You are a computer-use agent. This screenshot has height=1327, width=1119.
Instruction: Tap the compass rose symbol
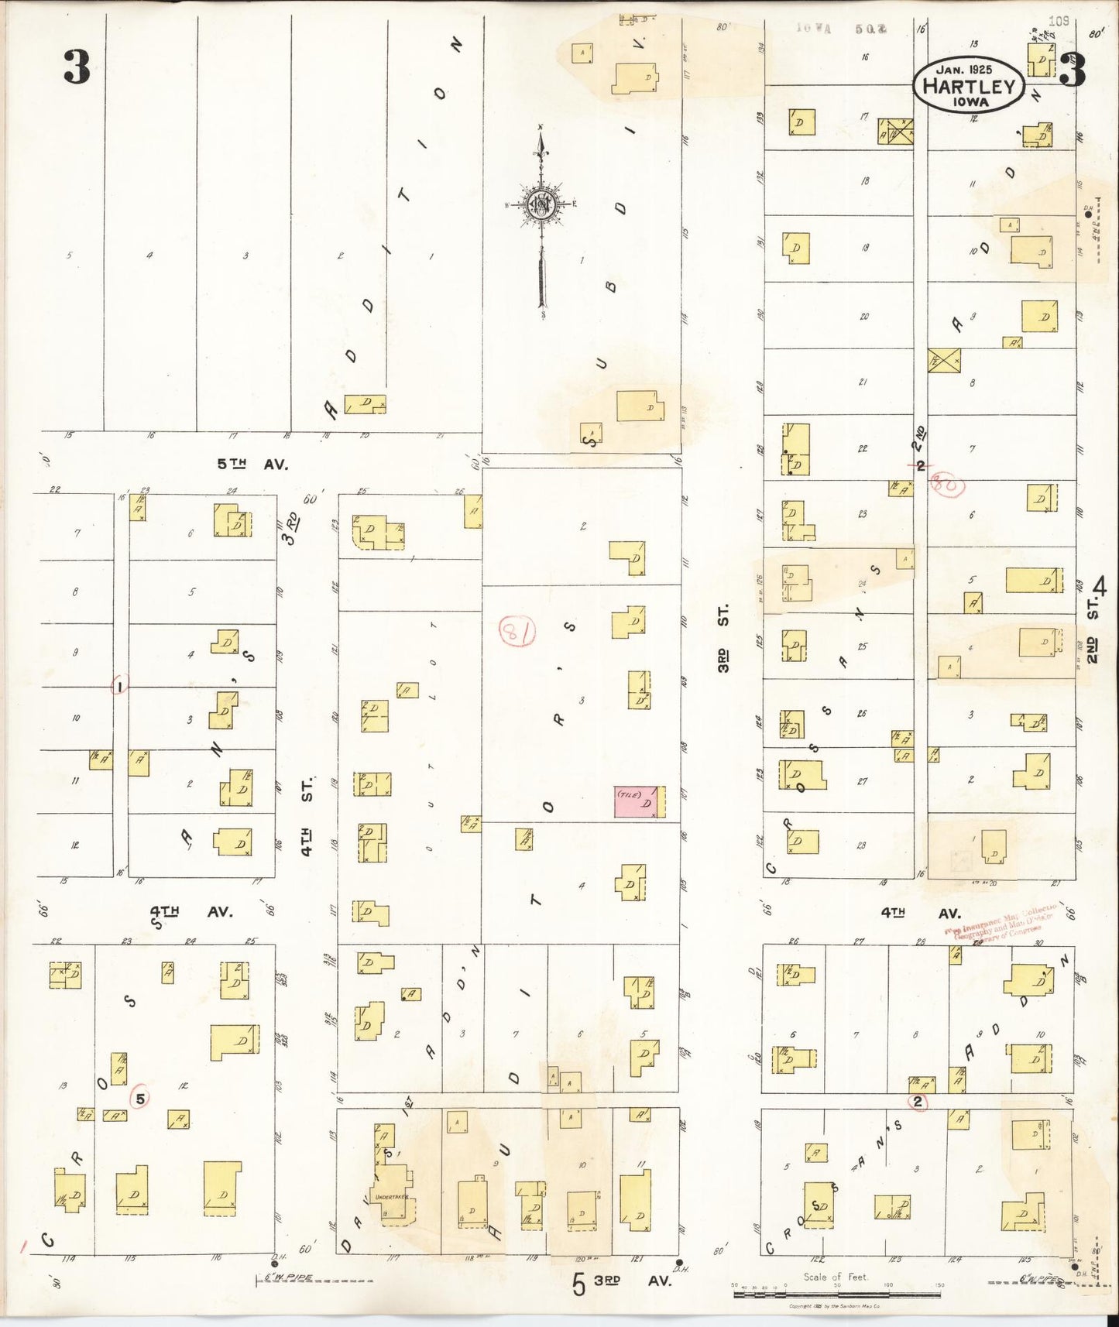tap(541, 204)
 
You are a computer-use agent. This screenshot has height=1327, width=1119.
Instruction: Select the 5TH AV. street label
tap(252, 465)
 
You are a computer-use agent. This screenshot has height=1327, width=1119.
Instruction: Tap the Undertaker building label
tap(391, 1198)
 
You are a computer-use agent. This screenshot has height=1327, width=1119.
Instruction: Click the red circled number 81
tap(517, 631)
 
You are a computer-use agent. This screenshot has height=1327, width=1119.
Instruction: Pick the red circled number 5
tap(140, 1099)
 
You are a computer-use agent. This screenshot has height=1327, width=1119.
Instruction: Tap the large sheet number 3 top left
tap(77, 68)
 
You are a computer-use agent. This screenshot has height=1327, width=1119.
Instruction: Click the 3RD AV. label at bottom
tap(631, 1281)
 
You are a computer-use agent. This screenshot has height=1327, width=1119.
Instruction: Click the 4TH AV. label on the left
tap(191, 912)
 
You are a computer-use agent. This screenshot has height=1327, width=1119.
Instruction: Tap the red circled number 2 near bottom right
tap(918, 1102)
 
